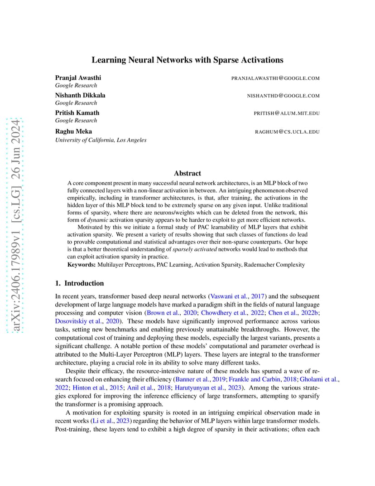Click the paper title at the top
187,60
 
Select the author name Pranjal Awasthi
78,78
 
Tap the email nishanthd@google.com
283,96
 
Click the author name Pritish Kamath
77,113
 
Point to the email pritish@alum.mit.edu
287,113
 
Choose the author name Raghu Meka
73,131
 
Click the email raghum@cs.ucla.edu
288,132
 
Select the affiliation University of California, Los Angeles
101,140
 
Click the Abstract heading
187,173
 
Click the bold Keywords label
82,264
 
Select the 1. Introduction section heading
79,283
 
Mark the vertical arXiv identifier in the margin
16,227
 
